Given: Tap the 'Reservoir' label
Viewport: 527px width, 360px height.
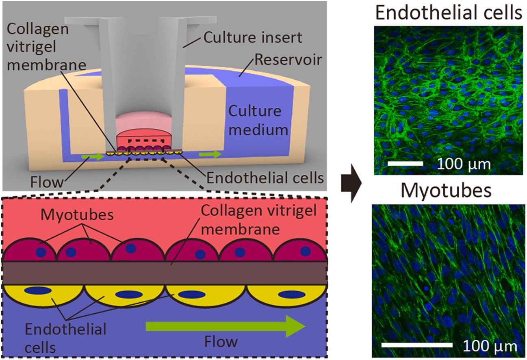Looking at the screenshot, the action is coord(288,60).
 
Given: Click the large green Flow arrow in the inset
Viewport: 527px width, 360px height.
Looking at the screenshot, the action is coord(226,326).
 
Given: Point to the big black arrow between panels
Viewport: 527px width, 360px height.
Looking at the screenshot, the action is coord(351,183).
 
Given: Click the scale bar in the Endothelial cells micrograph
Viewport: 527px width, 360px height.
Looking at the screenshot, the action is coord(405,163).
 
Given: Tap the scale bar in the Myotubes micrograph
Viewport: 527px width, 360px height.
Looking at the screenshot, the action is coord(417,345).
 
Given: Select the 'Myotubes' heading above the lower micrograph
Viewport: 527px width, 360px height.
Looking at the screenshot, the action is coord(446,190).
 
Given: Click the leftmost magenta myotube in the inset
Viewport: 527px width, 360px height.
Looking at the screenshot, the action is coord(29,251).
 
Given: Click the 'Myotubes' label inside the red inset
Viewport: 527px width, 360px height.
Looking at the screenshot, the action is coord(77,215).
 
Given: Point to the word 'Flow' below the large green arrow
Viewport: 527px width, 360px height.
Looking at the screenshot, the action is coord(221,341).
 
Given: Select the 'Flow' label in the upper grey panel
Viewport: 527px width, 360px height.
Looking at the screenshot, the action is coord(47,182).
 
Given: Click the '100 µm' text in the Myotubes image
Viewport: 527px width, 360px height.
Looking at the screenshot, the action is coord(490,346).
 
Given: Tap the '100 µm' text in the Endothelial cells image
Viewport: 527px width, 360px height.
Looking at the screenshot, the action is coord(464,165).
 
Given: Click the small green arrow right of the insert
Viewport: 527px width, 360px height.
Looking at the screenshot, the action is coord(210,154).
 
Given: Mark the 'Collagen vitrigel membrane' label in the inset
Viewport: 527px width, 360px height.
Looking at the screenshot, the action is coord(258,219).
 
